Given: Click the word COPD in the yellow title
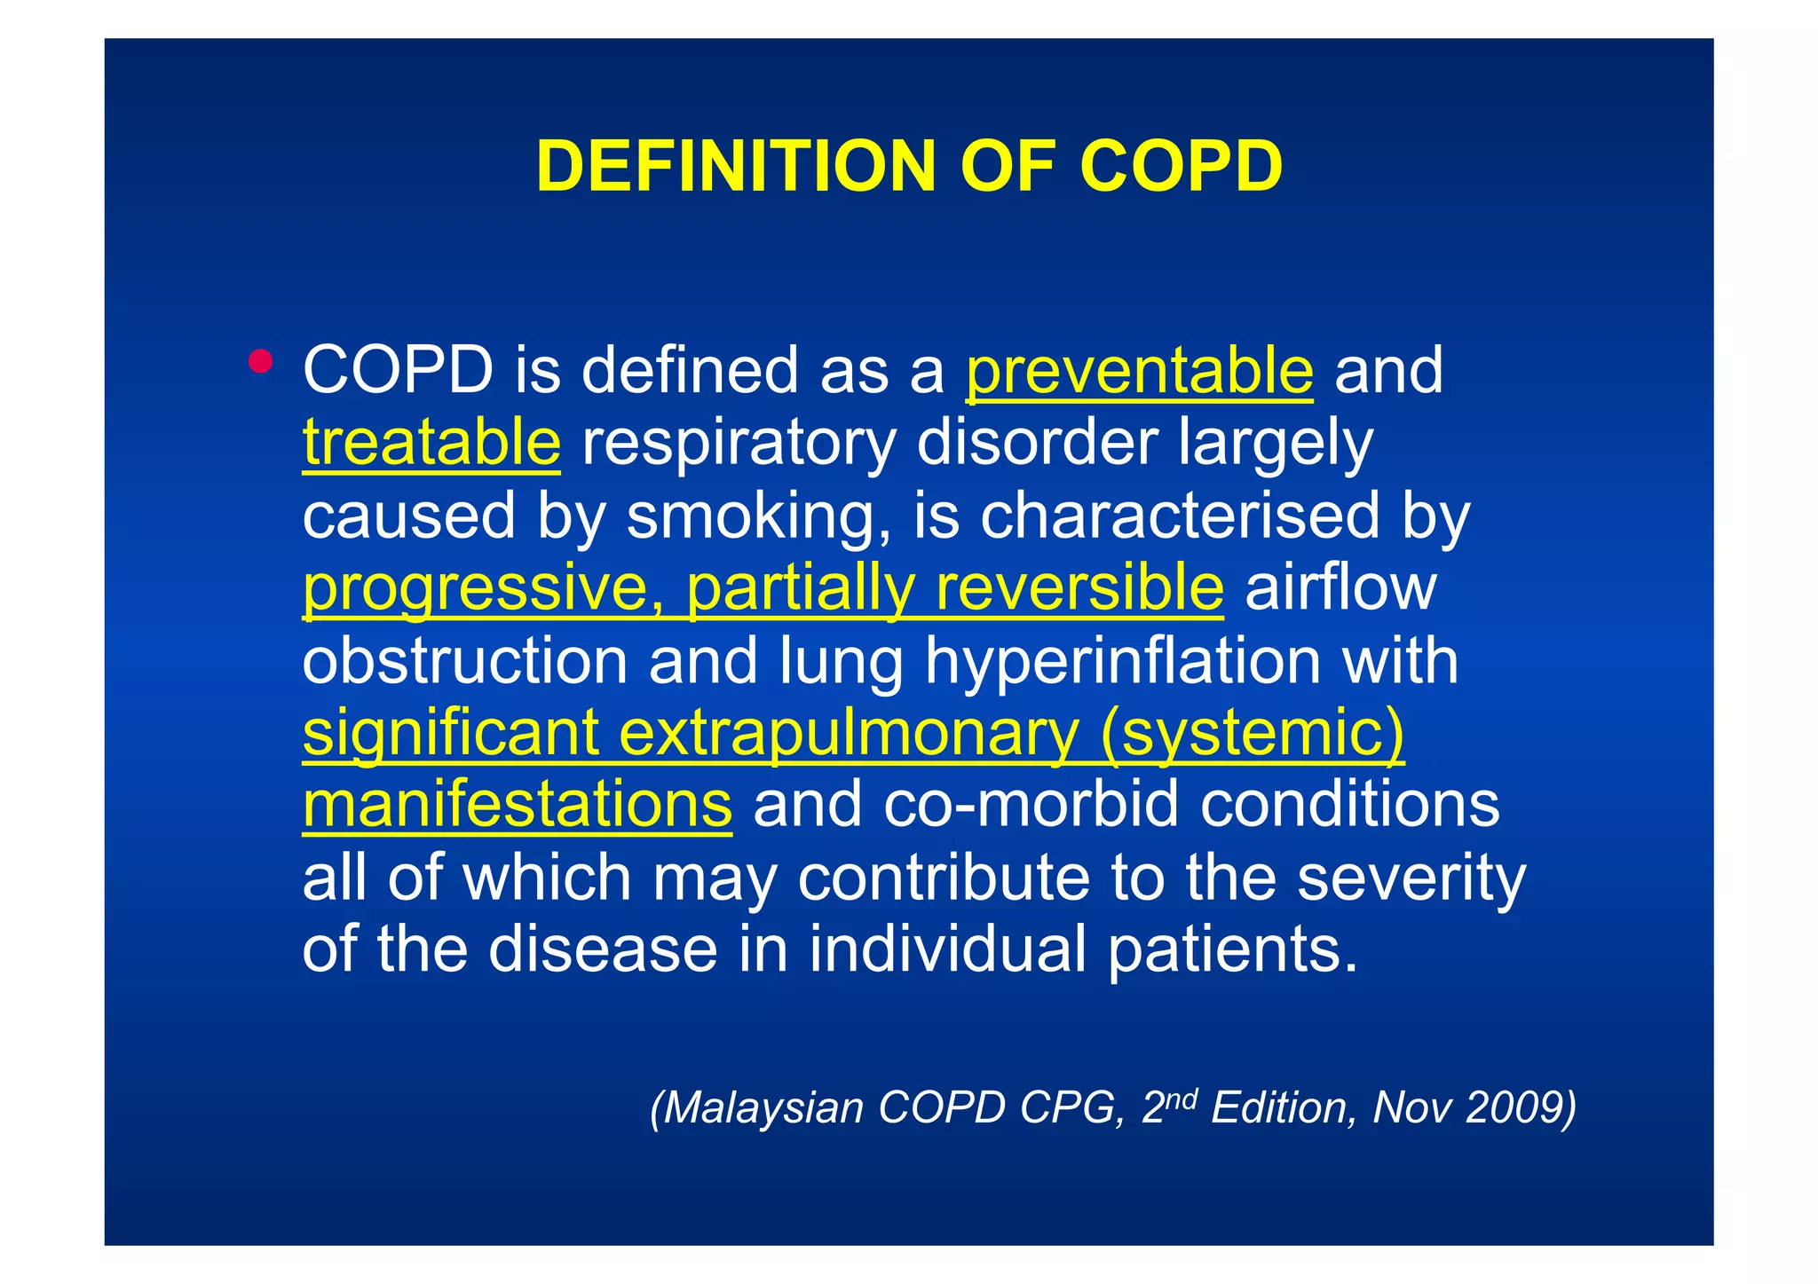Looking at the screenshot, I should [1181, 166].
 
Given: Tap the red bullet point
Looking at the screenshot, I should [260, 361].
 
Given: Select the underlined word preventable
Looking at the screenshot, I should [1139, 371].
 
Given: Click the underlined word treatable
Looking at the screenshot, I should [431, 443].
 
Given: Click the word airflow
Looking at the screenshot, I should [1340, 588].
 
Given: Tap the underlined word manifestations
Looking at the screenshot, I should [517, 806].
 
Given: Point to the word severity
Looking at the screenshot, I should [1411, 878].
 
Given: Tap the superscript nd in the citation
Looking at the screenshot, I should [1182, 1099].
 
